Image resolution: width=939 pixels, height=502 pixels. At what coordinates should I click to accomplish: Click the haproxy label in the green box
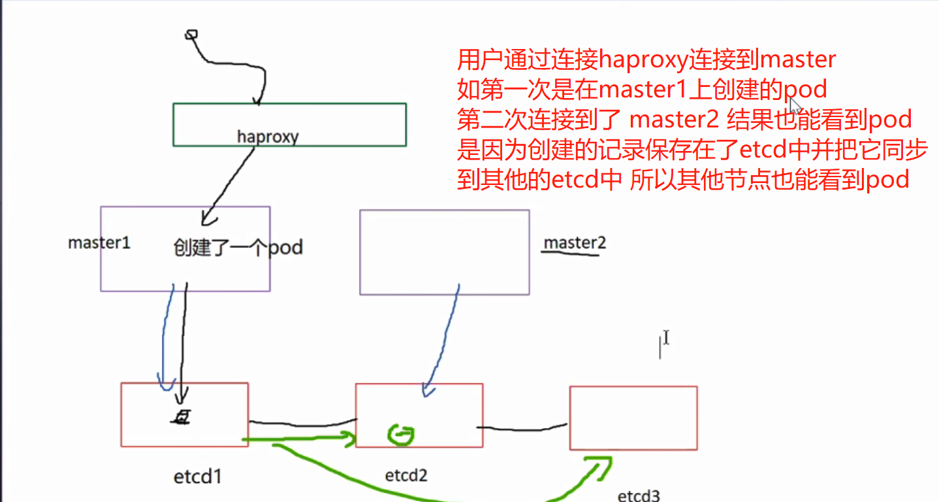(x=268, y=137)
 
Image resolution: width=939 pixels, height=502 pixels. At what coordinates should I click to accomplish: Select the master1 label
(x=99, y=243)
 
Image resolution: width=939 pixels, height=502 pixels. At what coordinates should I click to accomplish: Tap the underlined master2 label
(x=575, y=243)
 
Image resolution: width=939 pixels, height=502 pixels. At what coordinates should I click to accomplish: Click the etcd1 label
(x=198, y=477)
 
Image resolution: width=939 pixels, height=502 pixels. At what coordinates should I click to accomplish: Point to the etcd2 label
(x=406, y=475)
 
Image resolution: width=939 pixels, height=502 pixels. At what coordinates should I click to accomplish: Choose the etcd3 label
(x=638, y=495)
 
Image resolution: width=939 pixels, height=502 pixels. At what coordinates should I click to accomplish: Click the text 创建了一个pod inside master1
(x=238, y=248)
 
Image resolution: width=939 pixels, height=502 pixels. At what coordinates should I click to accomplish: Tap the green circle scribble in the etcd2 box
(x=401, y=433)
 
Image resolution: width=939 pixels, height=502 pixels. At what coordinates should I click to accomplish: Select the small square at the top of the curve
(x=191, y=34)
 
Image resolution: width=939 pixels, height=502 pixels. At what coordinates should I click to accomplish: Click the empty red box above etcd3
(x=633, y=418)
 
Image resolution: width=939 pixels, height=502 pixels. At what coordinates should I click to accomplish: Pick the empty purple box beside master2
(x=444, y=252)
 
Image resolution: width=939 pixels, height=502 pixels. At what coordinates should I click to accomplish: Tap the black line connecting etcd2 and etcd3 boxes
(x=522, y=429)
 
